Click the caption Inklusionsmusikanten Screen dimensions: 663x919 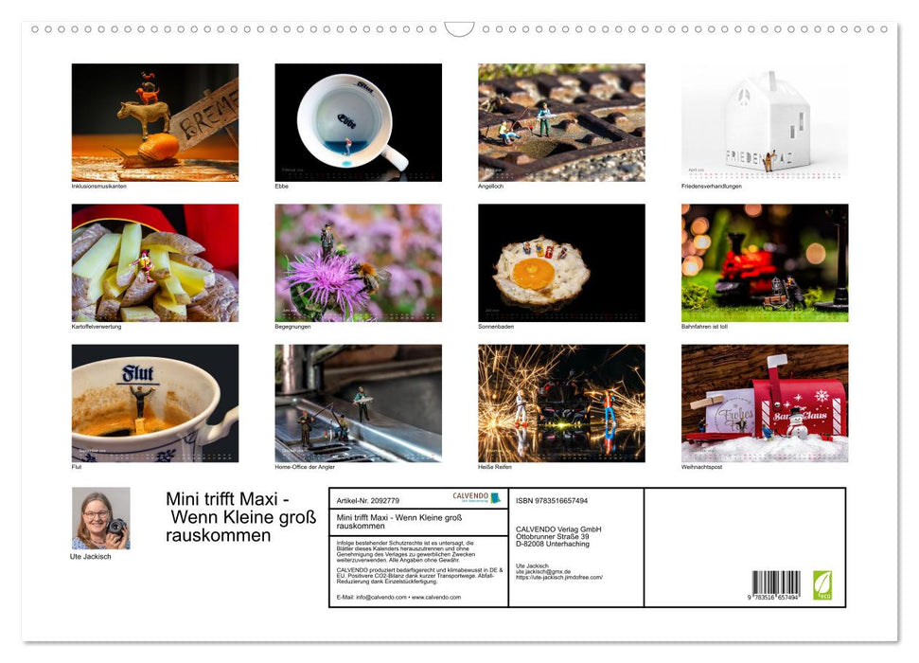coord(98,186)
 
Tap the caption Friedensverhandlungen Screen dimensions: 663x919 coord(711,186)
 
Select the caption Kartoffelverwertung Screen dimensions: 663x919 coord(97,326)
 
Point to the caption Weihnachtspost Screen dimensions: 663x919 coord(701,466)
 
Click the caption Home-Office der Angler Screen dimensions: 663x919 coord(305,466)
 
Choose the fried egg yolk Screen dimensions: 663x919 coord(534,275)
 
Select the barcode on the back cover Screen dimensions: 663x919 coord(776,582)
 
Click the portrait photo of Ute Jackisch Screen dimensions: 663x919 coord(101,518)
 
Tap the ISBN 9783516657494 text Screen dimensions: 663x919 coord(552,500)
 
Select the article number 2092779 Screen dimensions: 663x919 coord(368,500)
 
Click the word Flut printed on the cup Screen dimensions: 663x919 coord(138,373)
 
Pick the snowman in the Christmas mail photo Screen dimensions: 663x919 coord(797,425)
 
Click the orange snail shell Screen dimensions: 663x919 coord(158,146)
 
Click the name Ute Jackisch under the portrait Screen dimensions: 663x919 coord(91,556)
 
